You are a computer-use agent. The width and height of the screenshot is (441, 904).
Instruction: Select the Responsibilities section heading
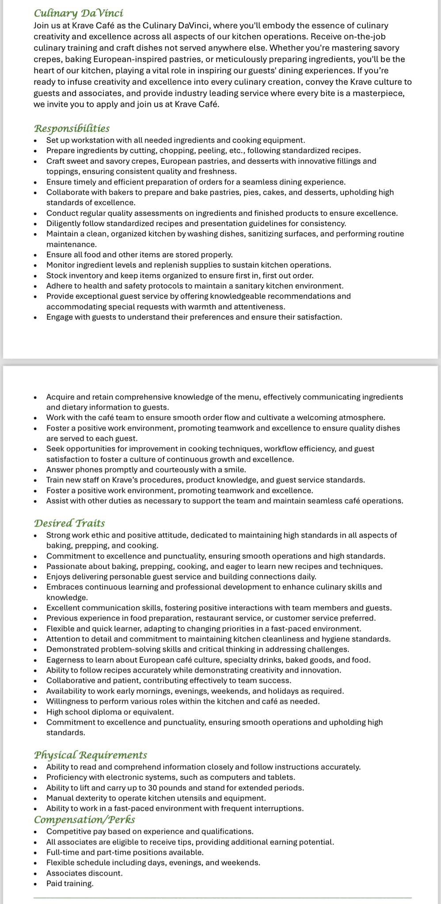(x=72, y=128)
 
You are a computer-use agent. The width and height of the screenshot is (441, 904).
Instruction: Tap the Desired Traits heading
(x=69, y=523)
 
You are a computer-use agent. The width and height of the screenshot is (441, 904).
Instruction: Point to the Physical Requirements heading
(x=91, y=755)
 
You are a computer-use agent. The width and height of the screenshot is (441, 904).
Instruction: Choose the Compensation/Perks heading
(x=84, y=820)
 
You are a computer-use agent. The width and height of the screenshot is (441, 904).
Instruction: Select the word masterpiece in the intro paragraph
(x=382, y=93)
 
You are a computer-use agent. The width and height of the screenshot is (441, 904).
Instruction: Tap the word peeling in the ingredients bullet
(x=212, y=151)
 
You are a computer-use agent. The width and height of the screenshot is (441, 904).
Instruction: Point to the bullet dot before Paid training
(x=36, y=884)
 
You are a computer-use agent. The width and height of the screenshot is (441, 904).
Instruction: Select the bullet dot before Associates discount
(x=36, y=874)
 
